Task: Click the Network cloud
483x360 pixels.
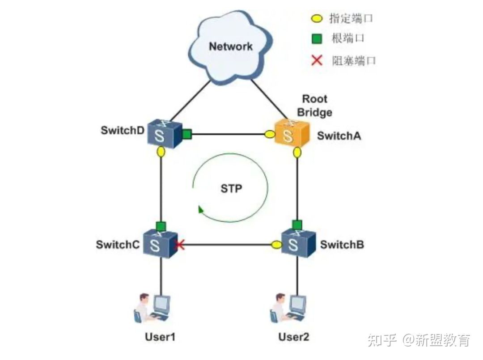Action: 230,47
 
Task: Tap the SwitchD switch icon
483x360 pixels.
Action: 163,133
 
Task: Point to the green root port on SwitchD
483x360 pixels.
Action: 186,133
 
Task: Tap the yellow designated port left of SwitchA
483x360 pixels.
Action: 270,134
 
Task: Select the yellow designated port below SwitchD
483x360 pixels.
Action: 161,152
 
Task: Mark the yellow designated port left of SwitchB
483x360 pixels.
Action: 276,245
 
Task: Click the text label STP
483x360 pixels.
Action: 231,189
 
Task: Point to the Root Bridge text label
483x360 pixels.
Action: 314,106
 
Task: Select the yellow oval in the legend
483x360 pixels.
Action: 317,19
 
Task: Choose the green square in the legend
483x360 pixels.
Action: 317,39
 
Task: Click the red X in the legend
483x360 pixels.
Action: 317,60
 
